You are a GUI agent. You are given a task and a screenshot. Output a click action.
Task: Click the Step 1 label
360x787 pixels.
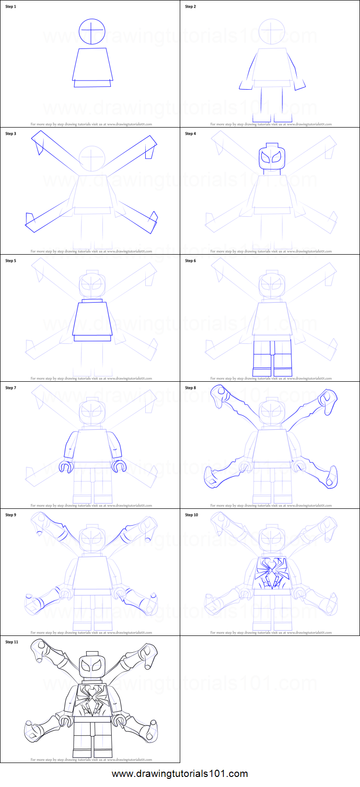coord(11,7)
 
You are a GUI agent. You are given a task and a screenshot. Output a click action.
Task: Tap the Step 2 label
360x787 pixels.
coord(190,7)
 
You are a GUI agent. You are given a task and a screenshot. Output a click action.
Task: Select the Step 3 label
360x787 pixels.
coord(11,134)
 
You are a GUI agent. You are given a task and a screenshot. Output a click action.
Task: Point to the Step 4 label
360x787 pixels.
coord(190,134)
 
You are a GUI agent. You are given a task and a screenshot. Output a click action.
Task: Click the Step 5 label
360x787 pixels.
coord(11,261)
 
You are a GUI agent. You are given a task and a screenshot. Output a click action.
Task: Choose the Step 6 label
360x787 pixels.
coord(190,261)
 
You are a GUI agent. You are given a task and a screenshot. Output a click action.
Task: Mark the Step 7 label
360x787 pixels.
coord(11,388)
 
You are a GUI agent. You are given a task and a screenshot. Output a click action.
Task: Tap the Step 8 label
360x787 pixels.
coord(190,388)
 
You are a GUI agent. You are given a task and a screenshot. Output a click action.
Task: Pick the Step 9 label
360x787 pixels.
coord(11,515)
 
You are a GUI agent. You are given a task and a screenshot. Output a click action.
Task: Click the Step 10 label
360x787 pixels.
coord(191,515)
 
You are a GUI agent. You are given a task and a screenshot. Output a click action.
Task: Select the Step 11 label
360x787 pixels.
coord(12,642)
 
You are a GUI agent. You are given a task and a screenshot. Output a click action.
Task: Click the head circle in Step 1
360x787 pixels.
coord(92,31)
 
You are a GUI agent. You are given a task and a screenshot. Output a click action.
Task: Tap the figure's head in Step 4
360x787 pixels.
coord(271,157)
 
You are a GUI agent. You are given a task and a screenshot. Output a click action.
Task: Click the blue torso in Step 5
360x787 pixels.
coord(93,318)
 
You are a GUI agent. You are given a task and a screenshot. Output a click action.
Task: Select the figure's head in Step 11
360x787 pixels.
coord(92,666)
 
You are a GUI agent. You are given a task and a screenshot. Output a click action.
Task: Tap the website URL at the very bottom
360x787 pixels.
coord(180,774)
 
